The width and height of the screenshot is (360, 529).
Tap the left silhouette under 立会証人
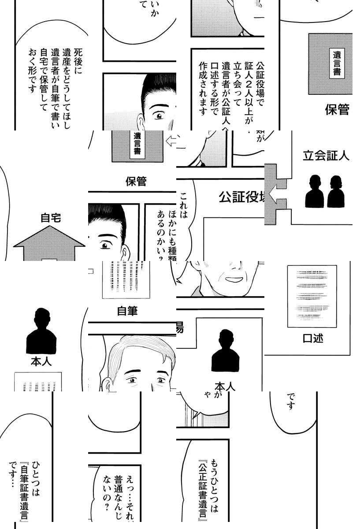point(314,192)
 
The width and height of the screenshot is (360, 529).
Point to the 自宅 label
point(51,218)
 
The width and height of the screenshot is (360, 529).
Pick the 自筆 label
point(127,311)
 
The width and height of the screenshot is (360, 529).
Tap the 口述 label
point(313,339)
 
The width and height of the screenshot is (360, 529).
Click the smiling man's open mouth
point(232,279)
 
